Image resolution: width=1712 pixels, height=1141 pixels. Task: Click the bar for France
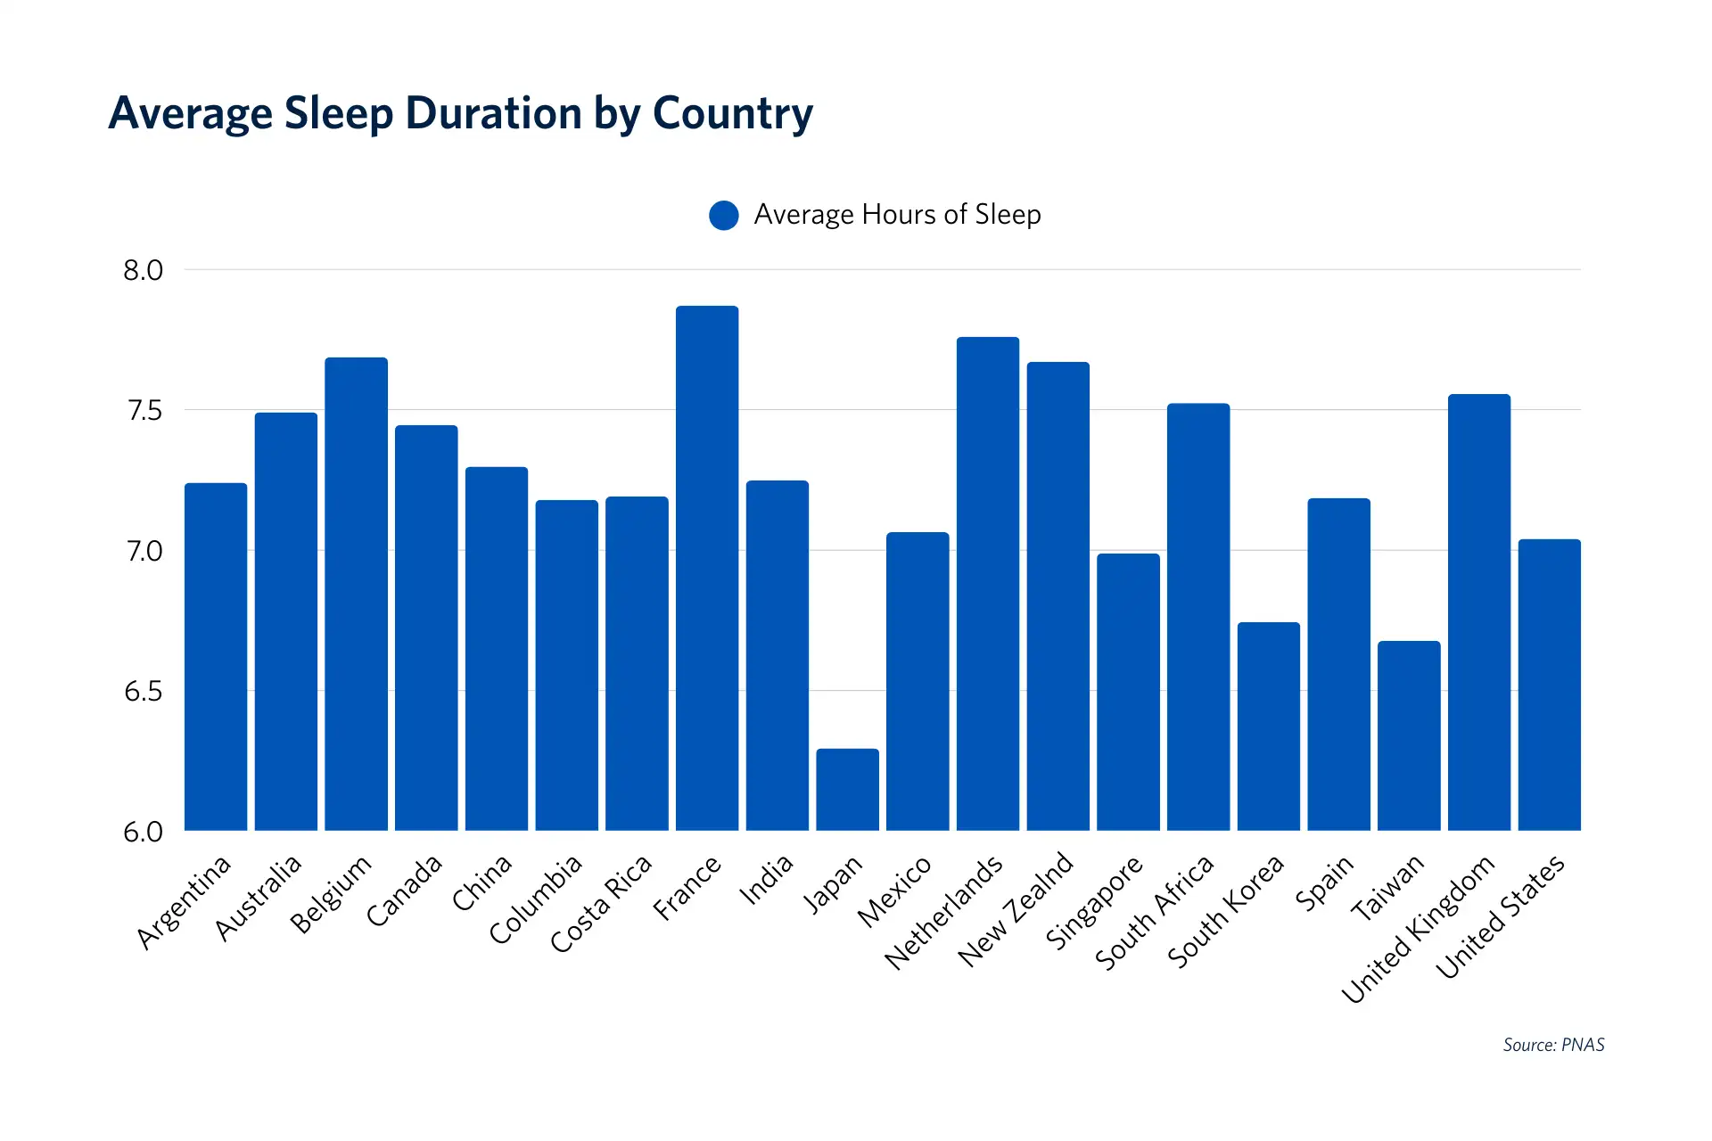coord(706,570)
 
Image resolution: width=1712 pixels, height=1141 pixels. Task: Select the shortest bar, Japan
coord(847,790)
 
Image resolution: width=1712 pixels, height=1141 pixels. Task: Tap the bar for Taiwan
coord(1409,736)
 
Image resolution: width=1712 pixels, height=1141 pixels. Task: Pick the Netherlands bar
coord(987,584)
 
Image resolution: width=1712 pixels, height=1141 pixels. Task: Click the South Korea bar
coord(1268,726)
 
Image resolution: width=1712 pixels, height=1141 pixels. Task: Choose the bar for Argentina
coord(216,657)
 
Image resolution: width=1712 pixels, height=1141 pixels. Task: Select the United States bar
coord(1549,685)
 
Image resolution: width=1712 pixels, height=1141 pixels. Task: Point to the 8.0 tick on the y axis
coord(144,270)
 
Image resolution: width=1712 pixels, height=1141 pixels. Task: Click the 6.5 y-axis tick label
coord(144,692)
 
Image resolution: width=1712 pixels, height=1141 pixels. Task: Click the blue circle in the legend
coord(724,215)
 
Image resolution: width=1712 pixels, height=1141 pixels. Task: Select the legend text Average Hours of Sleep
coord(897,215)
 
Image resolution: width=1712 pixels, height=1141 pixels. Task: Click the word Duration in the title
coord(493,114)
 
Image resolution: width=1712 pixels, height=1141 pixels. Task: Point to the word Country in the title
coord(733,114)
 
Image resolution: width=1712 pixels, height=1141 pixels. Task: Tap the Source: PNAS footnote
coord(1553,1045)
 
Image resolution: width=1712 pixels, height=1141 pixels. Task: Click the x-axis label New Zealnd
coord(1016,908)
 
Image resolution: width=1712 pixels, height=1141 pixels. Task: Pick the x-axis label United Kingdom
coord(1418,928)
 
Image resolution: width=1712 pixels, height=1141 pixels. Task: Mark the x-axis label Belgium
coord(331,893)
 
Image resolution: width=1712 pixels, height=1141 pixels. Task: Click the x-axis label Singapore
coord(1094,901)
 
